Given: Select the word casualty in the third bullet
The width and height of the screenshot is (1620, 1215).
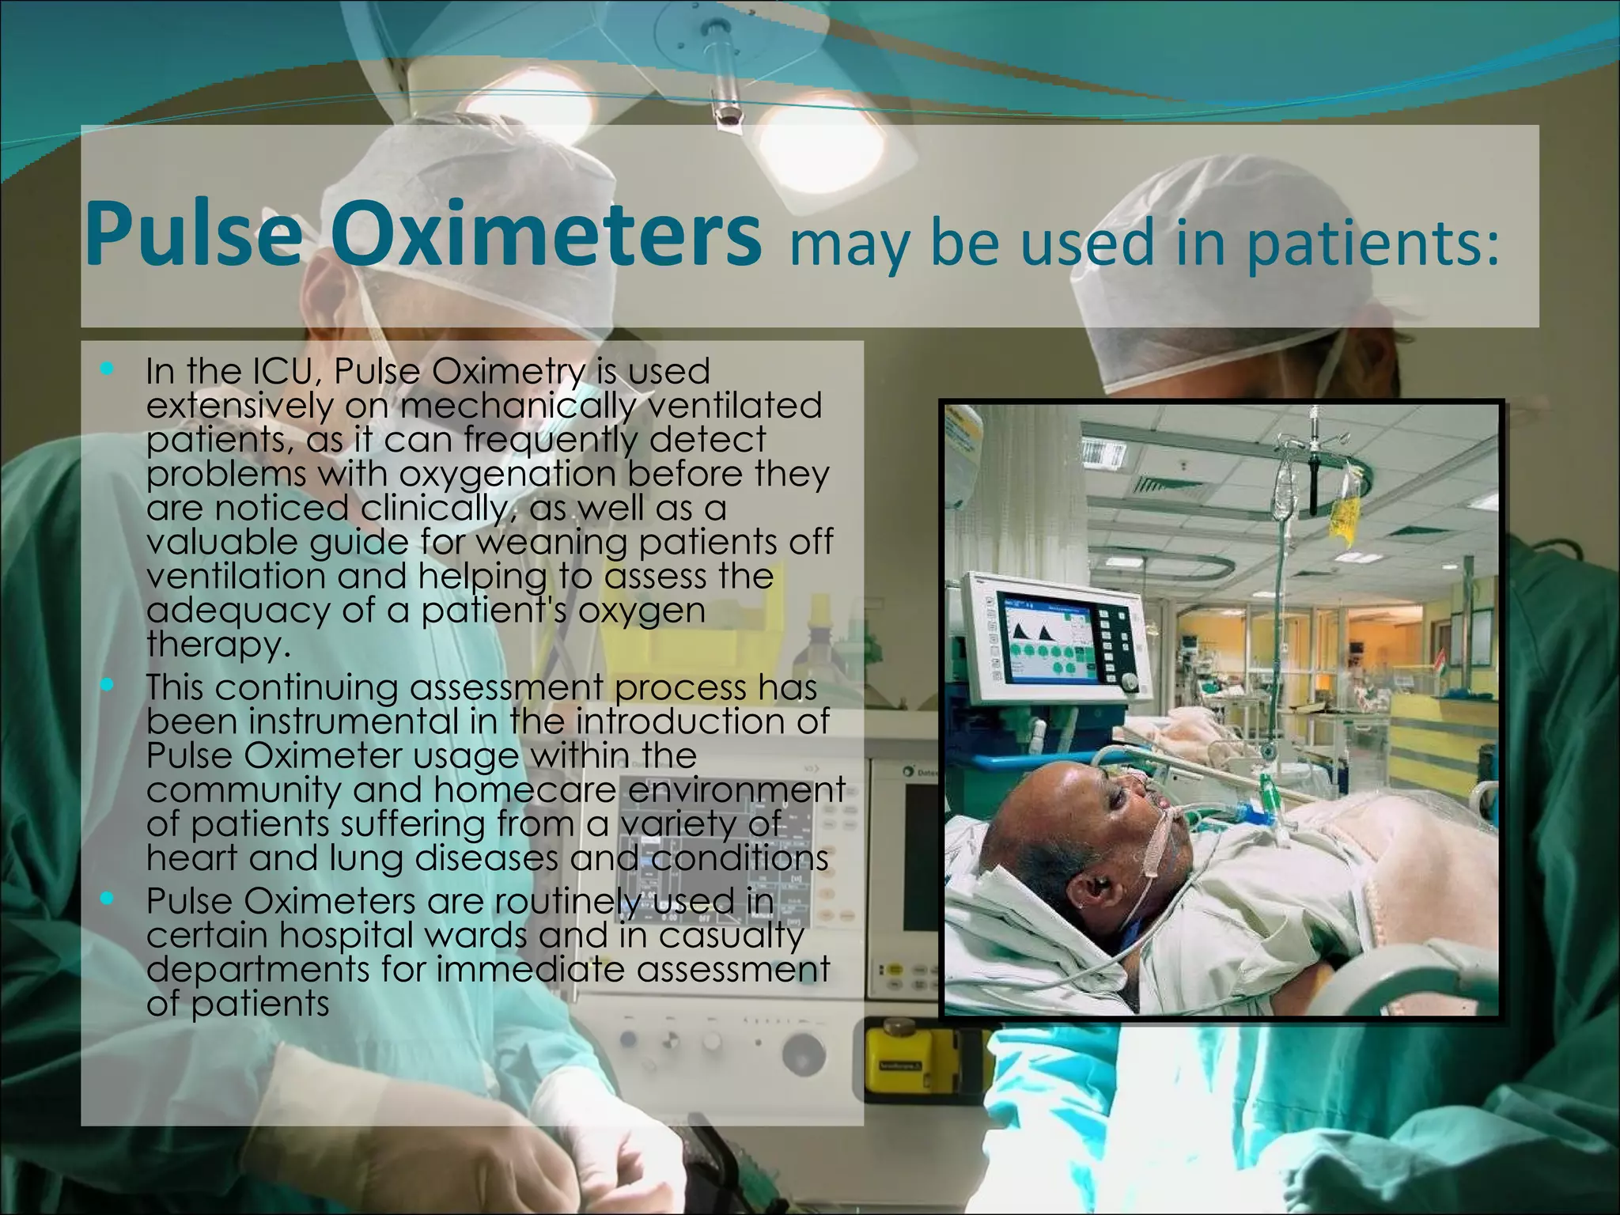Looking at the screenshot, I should pos(731,936).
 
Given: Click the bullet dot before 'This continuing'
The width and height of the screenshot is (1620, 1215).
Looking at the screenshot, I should pos(108,686).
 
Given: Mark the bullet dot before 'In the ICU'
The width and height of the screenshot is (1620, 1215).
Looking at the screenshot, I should pos(108,369).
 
